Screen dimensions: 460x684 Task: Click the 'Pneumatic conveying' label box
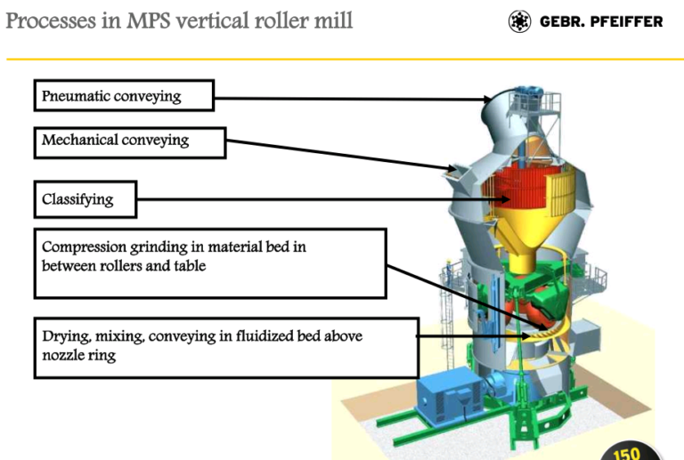coord(124,95)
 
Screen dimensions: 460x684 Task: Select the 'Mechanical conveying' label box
coord(130,141)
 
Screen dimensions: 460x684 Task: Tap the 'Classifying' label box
coord(85,199)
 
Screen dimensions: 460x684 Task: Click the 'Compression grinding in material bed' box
coord(209,262)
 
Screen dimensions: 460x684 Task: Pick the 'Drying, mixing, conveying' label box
coord(226,346)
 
